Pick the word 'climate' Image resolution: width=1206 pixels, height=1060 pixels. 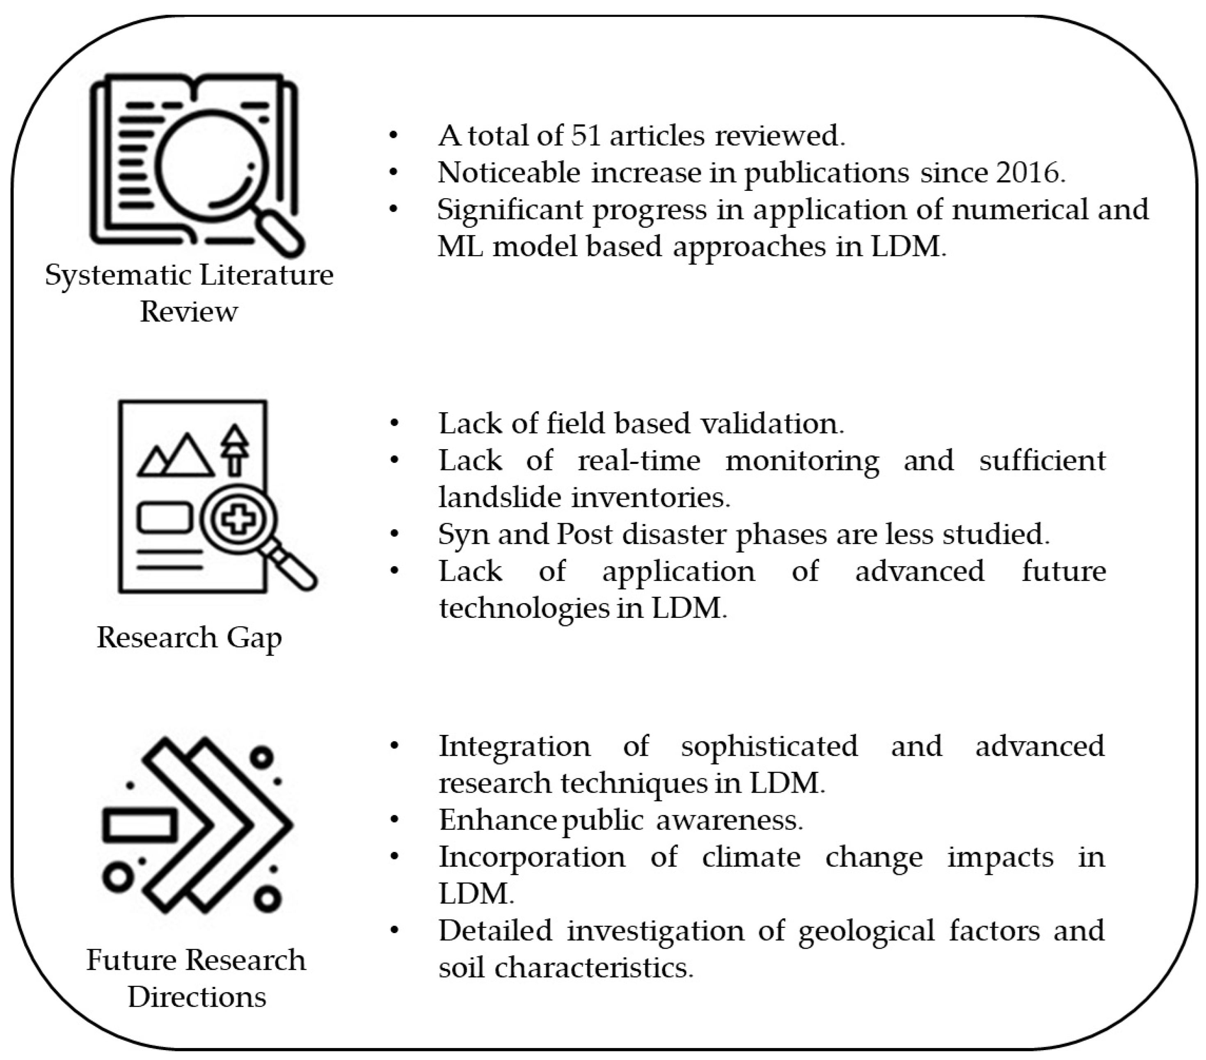coord(751,857)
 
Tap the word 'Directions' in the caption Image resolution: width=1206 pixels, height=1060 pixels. coord(197,998)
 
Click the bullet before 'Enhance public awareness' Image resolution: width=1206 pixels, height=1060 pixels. coord(394,820)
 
